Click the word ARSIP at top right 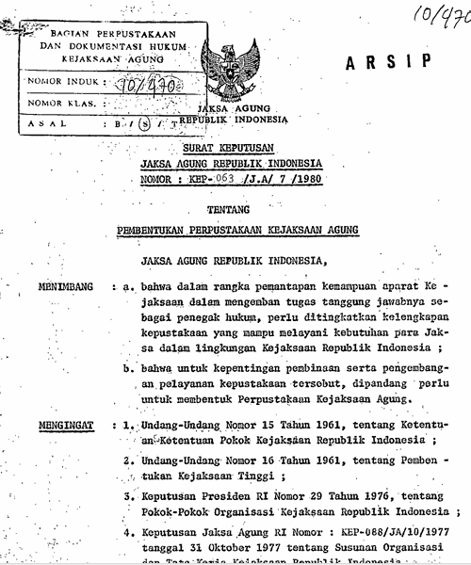coord(395,62)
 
